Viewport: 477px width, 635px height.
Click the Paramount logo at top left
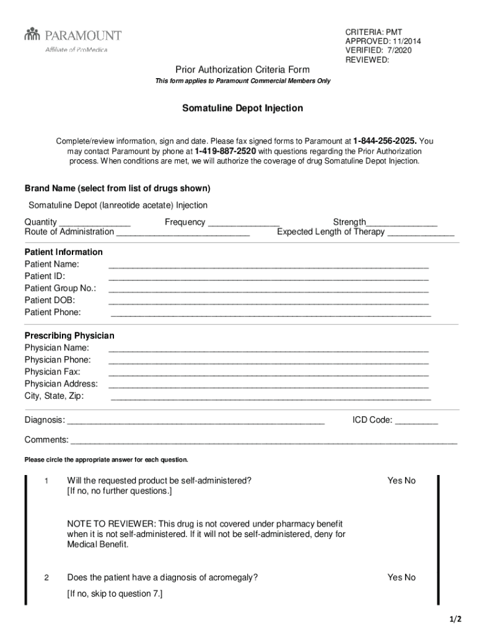click(x=72, y=38)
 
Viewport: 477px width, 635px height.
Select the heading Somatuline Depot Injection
click(x=242, y=109)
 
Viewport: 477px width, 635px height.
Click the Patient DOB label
click(x=50, y=300)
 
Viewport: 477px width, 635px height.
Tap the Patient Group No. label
click(x=60, y=288)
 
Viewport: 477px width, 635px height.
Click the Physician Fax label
click(x=52, y=372)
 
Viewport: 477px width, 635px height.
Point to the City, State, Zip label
click(x=54, y=396)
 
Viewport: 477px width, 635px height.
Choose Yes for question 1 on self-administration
click(x=395, y=481)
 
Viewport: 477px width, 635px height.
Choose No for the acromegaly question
click(x=409, y=577)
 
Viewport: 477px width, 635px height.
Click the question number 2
click(x=46, y=578)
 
